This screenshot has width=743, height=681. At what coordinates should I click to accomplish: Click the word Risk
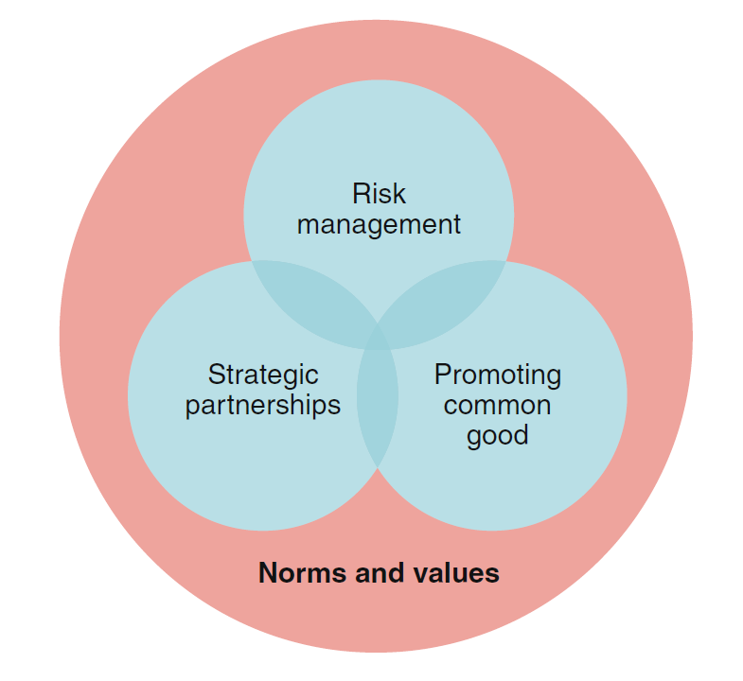(x=379, y=194)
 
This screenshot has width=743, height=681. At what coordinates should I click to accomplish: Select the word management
(x=379, y=225)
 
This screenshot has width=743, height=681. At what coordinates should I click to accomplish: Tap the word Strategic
(x=263, y=375)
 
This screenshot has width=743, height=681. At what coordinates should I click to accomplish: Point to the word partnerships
(x=263, y=406)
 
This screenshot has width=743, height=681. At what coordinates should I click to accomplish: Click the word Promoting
(x=497, y=375)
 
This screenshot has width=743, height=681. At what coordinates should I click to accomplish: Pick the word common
(x=497, y=406)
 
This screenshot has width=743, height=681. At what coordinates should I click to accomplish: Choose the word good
(x=497, y=436)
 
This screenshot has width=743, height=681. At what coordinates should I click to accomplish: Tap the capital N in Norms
(x=268, y=573)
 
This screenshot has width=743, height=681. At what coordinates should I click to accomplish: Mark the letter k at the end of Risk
(x=399, y=194)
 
